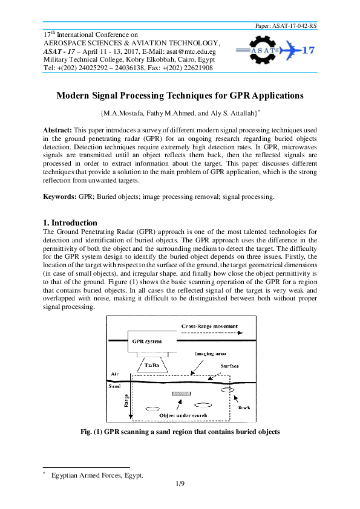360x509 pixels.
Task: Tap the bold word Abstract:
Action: click(57, 131)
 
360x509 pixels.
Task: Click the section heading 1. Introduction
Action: click(70, 222)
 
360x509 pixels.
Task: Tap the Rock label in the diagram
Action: click(245, 407)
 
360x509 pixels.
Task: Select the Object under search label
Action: click(183, 416)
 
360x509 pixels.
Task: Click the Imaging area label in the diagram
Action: click(208, 354)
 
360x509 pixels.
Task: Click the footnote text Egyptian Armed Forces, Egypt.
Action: click(97, 475)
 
